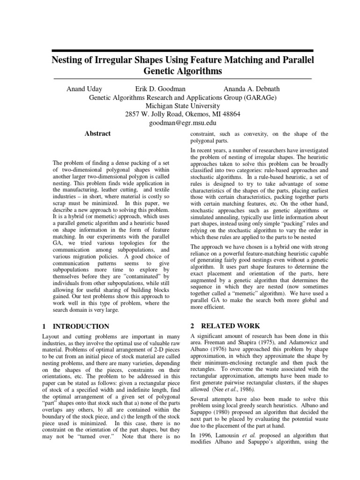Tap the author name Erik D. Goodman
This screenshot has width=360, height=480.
tap(154, 89)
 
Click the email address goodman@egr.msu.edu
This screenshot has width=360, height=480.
tap(183, 123)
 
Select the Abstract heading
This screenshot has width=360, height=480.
tap(97, 134)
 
